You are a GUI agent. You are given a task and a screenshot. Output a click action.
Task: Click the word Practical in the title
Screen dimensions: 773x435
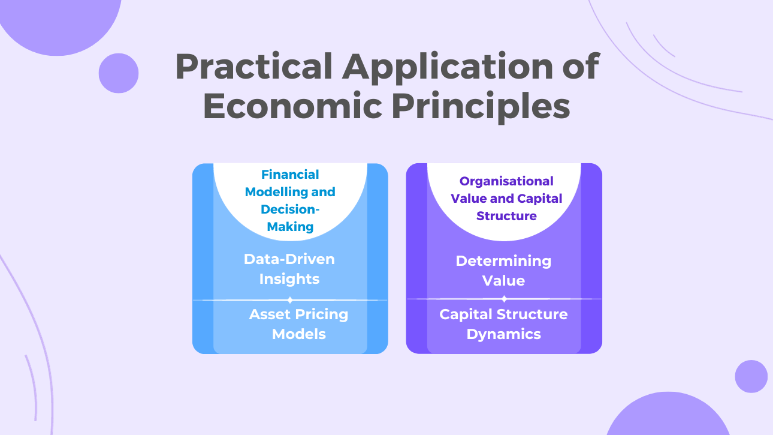click(x=253, y=67)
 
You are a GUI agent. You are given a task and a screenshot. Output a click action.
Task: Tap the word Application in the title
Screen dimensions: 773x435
click(x=447, y=68)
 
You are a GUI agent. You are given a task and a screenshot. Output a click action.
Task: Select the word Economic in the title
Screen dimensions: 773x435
click(x=292, y=106)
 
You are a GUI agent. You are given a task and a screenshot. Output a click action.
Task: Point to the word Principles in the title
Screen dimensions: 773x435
click(x=481, y=107)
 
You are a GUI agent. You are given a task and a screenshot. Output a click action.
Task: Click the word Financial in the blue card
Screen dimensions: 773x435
click(x=290, y=175)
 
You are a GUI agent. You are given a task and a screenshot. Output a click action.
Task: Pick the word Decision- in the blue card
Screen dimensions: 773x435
click(x=290, y=209)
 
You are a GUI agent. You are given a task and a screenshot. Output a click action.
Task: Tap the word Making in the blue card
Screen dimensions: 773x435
click(x=290, y=227)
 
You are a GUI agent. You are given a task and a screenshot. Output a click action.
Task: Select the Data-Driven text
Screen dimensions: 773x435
click(x=289, y=259)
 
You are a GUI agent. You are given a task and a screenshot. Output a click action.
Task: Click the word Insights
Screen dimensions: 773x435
click(x=289, y=279)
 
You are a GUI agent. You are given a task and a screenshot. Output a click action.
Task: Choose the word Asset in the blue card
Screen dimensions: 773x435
click(x=270, y=314)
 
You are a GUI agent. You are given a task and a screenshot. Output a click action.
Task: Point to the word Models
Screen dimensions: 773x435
click(x=299, y=334)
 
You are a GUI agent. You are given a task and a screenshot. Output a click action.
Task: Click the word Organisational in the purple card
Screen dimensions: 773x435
click(x=506, y=181)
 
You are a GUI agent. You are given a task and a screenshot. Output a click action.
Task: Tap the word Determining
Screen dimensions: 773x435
click(x=503, y=261)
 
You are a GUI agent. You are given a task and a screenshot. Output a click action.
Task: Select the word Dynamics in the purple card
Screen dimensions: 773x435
click(x=503, y=334)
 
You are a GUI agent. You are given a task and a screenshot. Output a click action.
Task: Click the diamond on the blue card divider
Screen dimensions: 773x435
click(x=290, y=300)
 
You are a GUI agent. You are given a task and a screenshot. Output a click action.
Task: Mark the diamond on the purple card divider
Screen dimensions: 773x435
click(x=504, y=299)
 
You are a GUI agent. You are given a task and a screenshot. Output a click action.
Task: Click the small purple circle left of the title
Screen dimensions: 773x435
click(x=119, y=73)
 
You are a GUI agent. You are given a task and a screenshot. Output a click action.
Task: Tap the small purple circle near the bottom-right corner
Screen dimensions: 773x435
click(x=751, y=376)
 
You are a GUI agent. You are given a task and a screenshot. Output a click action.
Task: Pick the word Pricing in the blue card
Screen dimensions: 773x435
click(x=322, y=315)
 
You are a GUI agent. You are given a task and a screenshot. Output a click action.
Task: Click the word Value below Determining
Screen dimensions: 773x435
click(x=503, y=281)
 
